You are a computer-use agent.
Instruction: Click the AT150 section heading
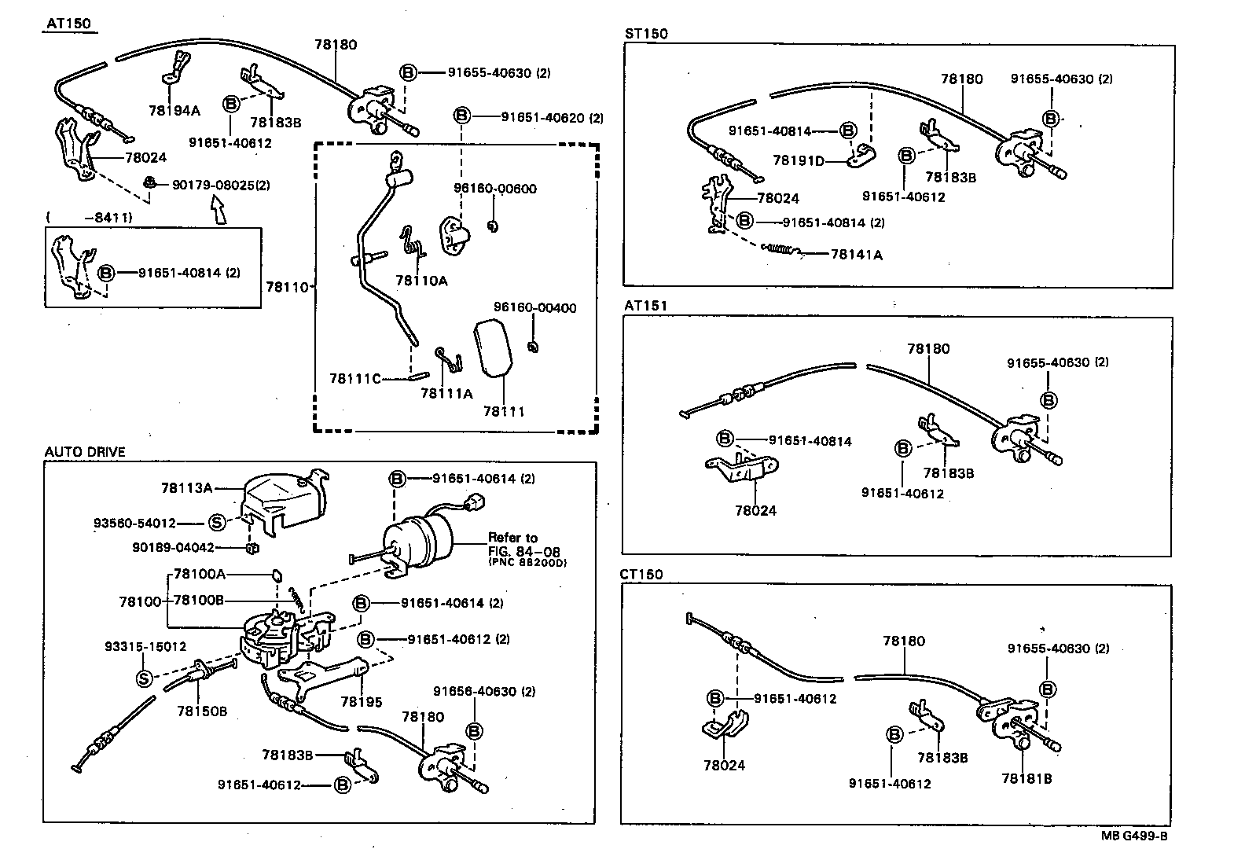click(68, 24)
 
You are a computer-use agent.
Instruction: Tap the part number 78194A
click(174, 111)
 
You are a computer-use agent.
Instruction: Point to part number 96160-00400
click(534, 308)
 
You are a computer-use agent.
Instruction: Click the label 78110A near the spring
click(421, 281)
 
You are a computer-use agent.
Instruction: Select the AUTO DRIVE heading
click(85, 452)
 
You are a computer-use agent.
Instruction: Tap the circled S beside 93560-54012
click(218, 523)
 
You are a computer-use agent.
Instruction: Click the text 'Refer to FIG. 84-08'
click(523, 545)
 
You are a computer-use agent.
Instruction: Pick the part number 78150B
click(201, 711)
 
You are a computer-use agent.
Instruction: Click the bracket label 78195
click(361, 701)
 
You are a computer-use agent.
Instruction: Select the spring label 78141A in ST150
click(856, 255)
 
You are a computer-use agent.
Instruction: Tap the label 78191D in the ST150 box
click(799, 160)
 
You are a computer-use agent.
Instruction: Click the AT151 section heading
click(645, 306)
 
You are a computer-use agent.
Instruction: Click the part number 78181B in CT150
click(1026, 778)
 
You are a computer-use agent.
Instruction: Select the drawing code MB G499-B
click(1133, 836)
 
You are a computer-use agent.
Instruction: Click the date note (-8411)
click(88, 217)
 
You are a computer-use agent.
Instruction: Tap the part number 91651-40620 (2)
click(552, 117)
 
